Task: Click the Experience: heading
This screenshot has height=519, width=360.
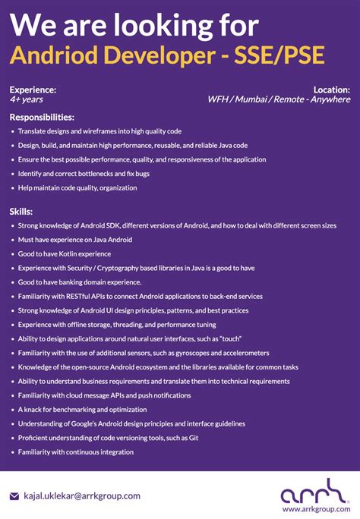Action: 33,90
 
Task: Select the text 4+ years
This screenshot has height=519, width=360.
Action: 27,99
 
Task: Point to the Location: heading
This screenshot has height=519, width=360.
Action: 331,90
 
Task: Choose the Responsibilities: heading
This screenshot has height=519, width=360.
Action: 42,118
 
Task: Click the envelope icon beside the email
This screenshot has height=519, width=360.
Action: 14,496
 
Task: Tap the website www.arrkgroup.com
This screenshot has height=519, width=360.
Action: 316,509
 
